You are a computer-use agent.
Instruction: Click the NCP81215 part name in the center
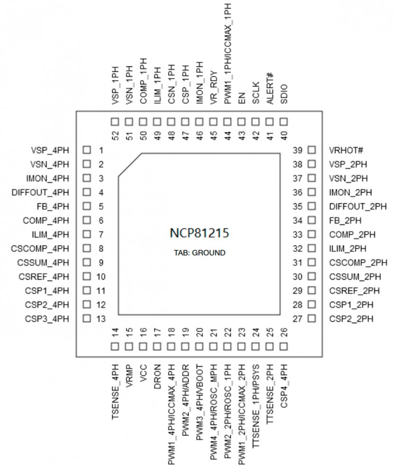199,233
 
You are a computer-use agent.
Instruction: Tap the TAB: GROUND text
199,253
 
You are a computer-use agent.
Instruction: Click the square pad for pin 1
86,150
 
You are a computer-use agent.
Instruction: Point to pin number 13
101,319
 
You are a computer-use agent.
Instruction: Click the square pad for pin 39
312,150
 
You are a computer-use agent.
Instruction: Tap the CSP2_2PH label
351,319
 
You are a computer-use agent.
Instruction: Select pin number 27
297,319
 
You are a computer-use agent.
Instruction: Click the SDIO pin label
284,95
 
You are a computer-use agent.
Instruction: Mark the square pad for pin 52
115,122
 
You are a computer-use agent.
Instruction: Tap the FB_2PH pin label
345,221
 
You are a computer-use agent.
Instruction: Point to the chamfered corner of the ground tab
130,165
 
